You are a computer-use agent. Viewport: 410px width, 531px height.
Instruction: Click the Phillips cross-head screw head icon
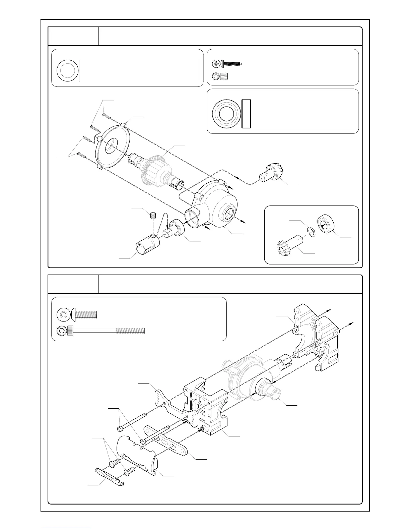click(x=217, y=63)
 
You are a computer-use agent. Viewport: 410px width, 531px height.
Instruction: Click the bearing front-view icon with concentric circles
click(x=225, y=114)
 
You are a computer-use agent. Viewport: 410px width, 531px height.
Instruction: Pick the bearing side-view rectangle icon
click(x=246, y=114)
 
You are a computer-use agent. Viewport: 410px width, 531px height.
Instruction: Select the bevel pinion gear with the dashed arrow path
click(x=270, y=173)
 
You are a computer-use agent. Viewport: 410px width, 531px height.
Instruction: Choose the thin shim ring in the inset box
click(x=311, y=231)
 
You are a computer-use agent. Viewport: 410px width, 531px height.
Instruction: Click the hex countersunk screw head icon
click(x=62, y=314)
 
